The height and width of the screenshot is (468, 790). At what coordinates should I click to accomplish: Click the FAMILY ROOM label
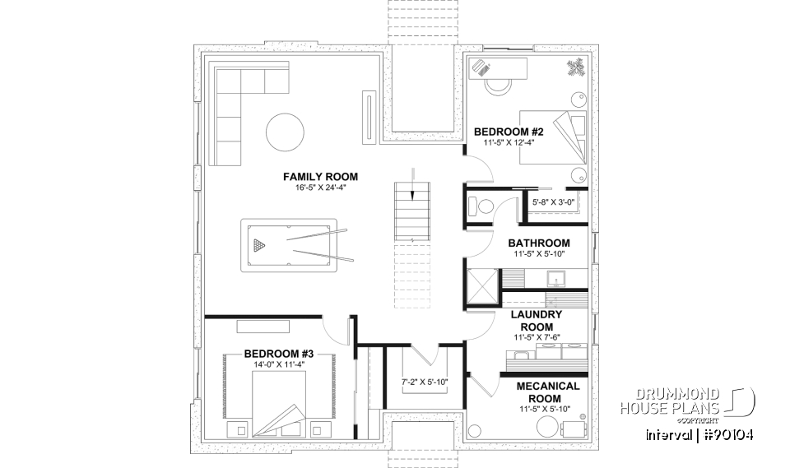(320, 177)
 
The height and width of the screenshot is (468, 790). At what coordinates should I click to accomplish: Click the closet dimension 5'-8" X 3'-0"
(553, 201)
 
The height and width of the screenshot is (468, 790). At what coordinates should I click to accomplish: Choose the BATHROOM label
(538, 243)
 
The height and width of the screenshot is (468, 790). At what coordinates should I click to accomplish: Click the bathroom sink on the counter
(555, 281)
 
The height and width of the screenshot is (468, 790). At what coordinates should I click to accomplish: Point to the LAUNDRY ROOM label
(536, 321)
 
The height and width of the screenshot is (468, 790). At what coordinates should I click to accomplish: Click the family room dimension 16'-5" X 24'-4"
(320, 188)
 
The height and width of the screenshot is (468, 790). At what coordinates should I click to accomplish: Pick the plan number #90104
(726, 434)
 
